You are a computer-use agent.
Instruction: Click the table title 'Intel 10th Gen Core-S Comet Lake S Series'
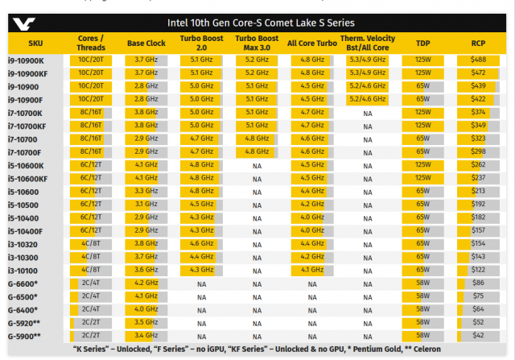260,23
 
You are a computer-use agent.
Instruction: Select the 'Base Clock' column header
146,43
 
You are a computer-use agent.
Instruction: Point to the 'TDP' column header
422,43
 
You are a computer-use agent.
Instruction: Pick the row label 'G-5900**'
26,336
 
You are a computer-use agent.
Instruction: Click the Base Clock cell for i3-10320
146,244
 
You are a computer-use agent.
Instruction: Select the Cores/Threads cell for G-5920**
89,323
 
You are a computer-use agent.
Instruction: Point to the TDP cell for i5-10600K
422,165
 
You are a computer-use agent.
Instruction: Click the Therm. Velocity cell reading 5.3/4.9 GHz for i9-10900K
367,60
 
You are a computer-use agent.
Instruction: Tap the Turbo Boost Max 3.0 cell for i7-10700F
256,152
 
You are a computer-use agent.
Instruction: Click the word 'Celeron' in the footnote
434,349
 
